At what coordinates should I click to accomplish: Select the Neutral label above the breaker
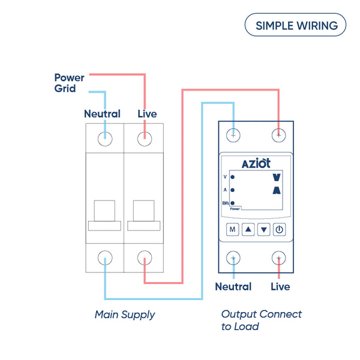(x=102, y=113)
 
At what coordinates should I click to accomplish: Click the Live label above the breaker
(x=148, y=113)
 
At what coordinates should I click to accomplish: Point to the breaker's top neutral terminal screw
(x=105, y=138)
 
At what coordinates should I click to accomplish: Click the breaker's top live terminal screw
(x=145, y=138)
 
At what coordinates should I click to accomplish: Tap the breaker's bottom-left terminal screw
(x=105, y=258)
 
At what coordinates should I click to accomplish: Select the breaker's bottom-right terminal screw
(x=145, y=258)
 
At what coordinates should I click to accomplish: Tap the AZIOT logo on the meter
(x=256, y=163)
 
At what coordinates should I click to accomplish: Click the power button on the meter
(x=279, y=229)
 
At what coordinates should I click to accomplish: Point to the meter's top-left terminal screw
(x=233, y=134)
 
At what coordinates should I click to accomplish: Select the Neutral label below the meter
(x=233, y=287)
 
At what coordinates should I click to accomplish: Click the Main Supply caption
(x=125, y=314)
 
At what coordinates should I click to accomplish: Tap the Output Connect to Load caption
(x=261, y=320)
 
